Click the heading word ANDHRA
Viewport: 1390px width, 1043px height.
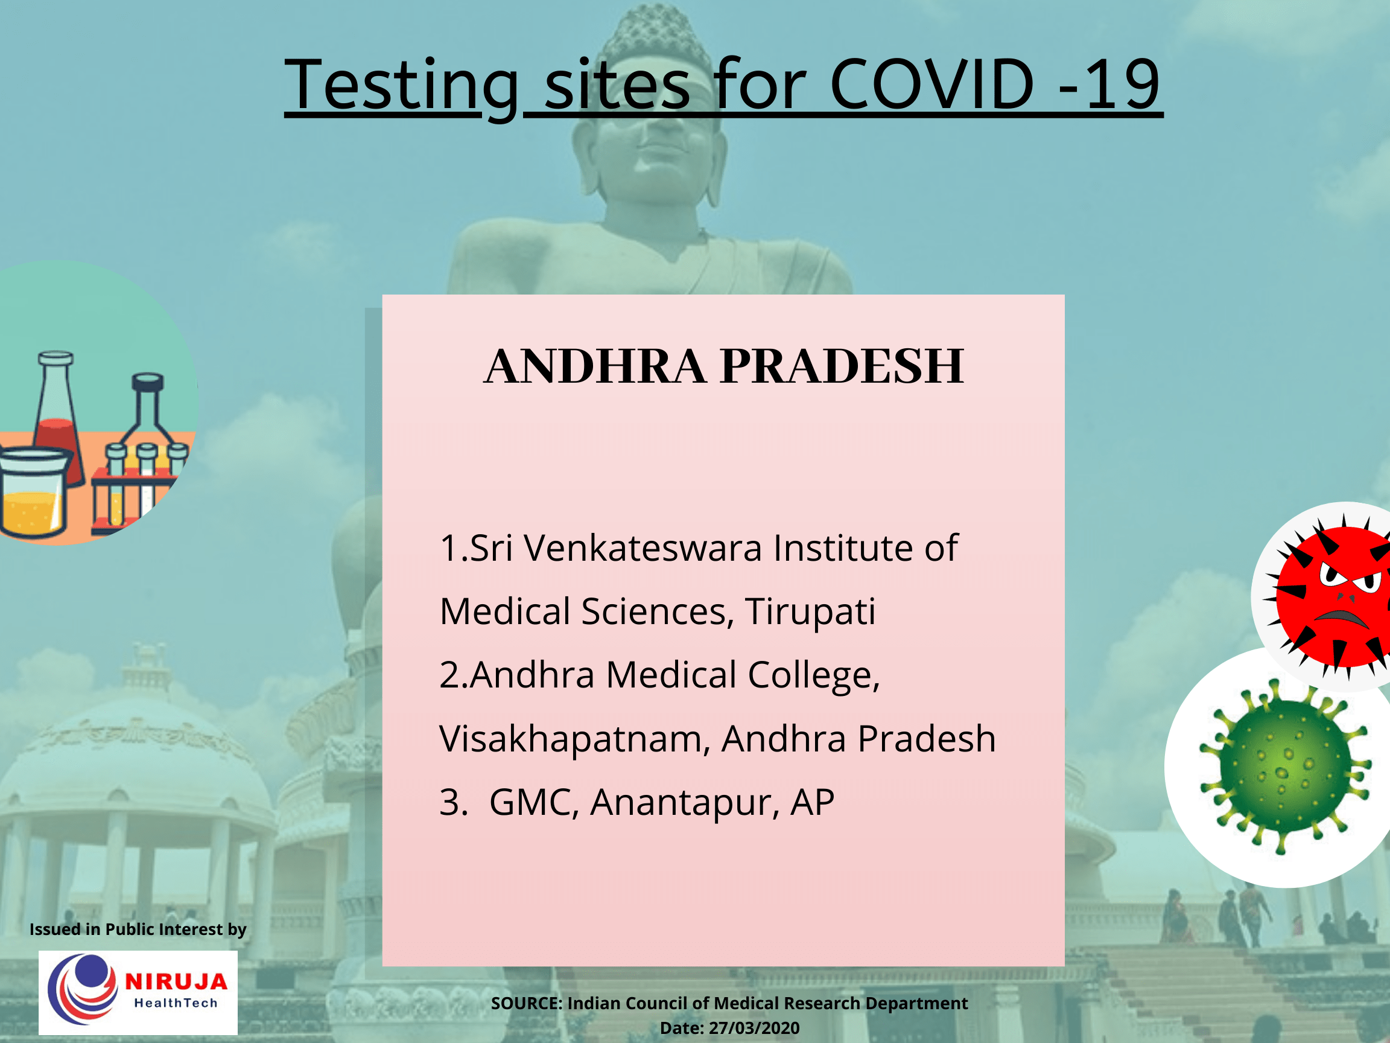point(594,366)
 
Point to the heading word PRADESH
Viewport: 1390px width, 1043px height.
point(842,366)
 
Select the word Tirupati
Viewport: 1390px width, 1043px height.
point(810,611)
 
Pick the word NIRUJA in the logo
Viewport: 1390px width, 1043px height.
point(176,981)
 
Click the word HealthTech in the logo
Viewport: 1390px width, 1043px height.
point(176,1003)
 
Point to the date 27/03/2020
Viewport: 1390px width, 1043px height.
point(754,1028)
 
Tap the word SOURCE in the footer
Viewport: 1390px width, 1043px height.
point(526,1003)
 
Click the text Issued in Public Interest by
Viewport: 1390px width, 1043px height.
point(138,929)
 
